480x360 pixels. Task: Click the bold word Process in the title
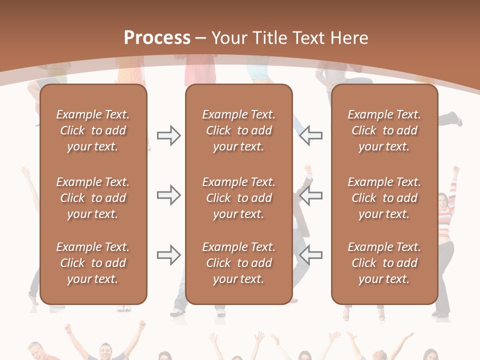(x=157, y=38)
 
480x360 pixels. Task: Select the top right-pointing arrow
(x=168, y=135)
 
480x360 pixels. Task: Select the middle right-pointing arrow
(x=168, y=195)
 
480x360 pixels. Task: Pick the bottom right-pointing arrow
(x=168, y=255)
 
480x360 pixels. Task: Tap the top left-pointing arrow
(x=311, y=135)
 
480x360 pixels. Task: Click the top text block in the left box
(x=92, y=130)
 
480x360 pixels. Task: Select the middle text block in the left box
(x=92, y=198)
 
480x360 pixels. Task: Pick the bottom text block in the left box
(x=92, y=263)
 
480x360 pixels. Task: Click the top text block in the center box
(x=238, y=130)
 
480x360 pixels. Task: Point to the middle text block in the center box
(x=238, y=198)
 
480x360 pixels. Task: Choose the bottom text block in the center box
(x=238, y=263)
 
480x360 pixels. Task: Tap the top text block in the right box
(x=384, y=130)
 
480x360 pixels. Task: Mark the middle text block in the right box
(x=384, y=198)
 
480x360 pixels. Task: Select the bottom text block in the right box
(x=384, y=263)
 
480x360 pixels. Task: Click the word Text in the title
(x=309, y=38)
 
